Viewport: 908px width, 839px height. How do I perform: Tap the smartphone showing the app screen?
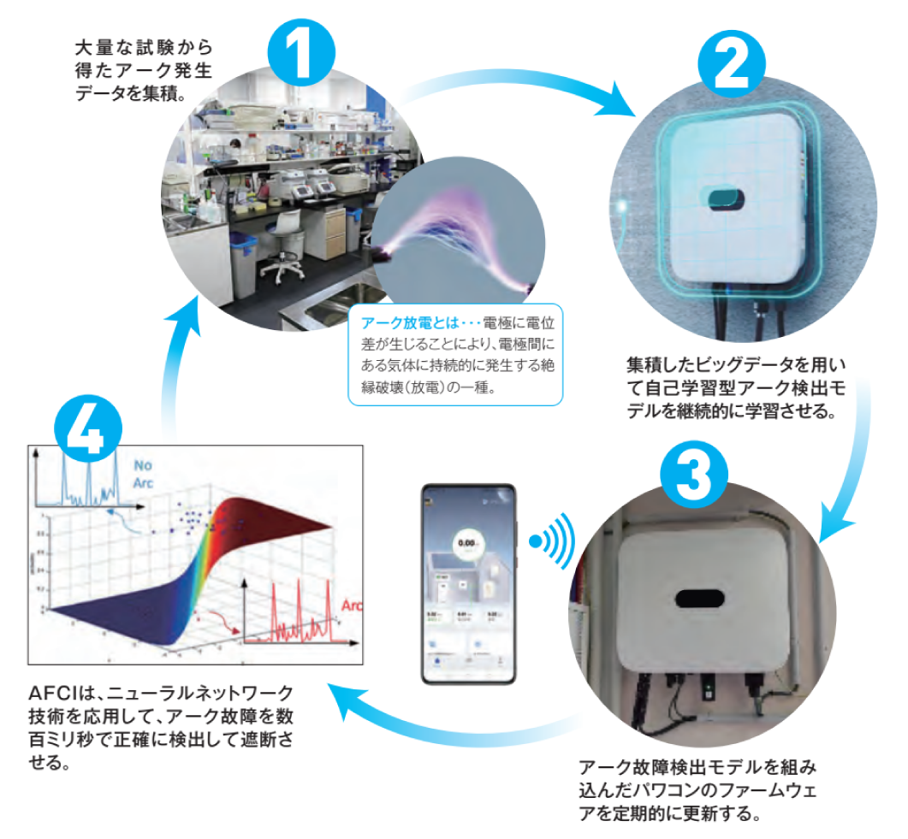(x=468, y=583)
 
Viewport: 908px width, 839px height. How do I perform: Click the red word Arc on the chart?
(x=352, y=606)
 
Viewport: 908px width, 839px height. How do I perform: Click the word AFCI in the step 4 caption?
(x=50, y=692)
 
